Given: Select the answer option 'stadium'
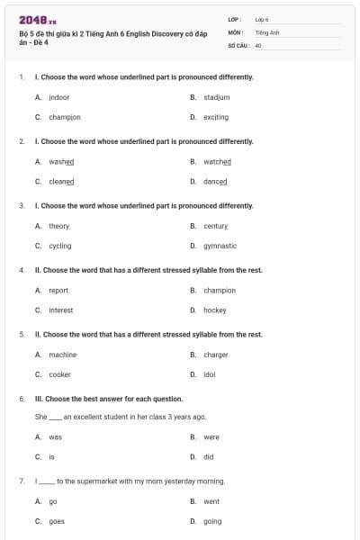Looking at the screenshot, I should coord(216,96).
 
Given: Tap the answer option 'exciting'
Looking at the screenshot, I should coord(216,117).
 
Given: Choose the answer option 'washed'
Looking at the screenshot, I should coord(61,161).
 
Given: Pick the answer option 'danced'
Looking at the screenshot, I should coord(217,181).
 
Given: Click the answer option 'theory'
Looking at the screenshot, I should coord(58,226).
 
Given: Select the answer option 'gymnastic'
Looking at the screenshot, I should coord(220,246).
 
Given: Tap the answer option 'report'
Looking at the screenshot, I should coord(58,291).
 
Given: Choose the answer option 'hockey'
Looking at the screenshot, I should coord(215,310).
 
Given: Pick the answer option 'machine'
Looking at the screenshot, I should coord(62,355).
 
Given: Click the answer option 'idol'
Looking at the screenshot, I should coord(210,374).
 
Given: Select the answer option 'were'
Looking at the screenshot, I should coord(211,437).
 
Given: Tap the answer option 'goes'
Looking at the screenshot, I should coord(57,521).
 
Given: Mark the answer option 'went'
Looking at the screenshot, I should coord(211,501).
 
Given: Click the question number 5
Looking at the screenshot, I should coord(22,334).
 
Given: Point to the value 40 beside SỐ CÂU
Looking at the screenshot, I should coord(258,44).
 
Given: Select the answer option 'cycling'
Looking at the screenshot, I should coord(60,246).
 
